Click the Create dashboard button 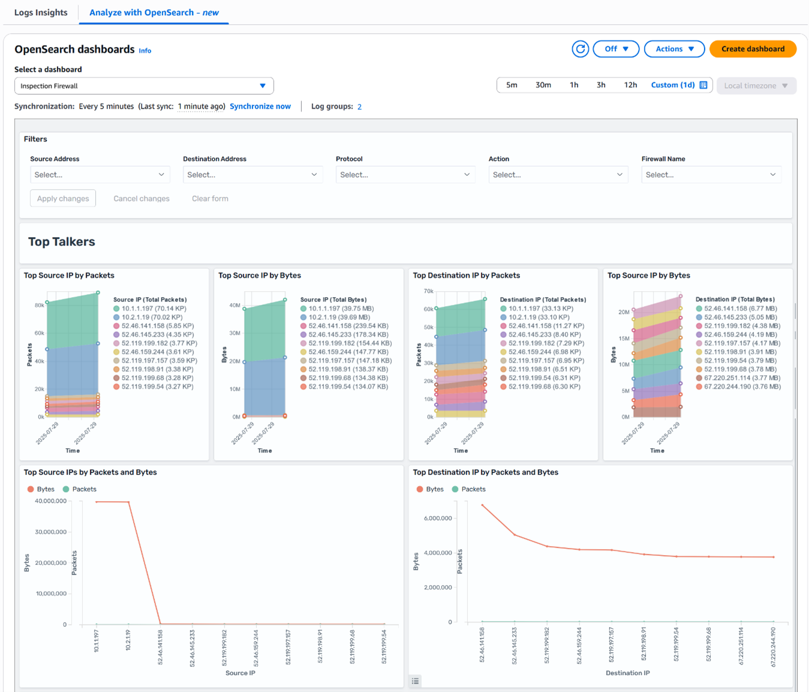point(753,49)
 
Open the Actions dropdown point(675,49)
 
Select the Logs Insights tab point(41,13)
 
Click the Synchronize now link point(260,106)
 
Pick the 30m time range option point(543,85)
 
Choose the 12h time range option point(630,85)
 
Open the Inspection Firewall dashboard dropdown point(144,86)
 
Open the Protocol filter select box point(405,175)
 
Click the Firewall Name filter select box point(711,175)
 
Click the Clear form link point(210,199)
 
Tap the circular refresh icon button point(580,49)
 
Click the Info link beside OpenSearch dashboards point(145,51)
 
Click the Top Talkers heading point(62,242)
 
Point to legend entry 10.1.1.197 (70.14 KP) point(154,308)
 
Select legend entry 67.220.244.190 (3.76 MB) point(742,387)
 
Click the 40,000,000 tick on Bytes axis point(50,501)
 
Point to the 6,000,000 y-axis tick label point(437,518)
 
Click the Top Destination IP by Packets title point(466,275)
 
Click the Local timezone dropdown point(756,86)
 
